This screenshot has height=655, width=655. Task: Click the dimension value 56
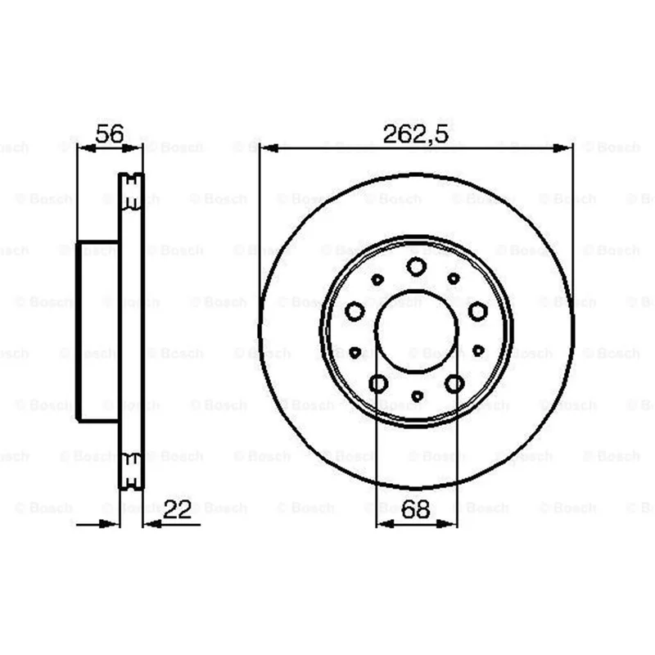click(110, 133)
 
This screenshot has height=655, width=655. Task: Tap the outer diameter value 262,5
click(416, 134)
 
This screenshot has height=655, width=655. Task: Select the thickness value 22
click(177, 509)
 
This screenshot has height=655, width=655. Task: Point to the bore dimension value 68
click(415, 509)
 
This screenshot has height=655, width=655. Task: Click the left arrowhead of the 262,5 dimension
click(269, 148)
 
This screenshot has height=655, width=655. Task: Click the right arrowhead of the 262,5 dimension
click(563, 148)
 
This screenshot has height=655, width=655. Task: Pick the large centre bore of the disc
click(417, 331)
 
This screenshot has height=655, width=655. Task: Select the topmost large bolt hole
click(417, 267)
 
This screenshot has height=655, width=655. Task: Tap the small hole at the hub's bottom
click(418, 395)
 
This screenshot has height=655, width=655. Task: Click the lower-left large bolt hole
click(378, 383)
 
